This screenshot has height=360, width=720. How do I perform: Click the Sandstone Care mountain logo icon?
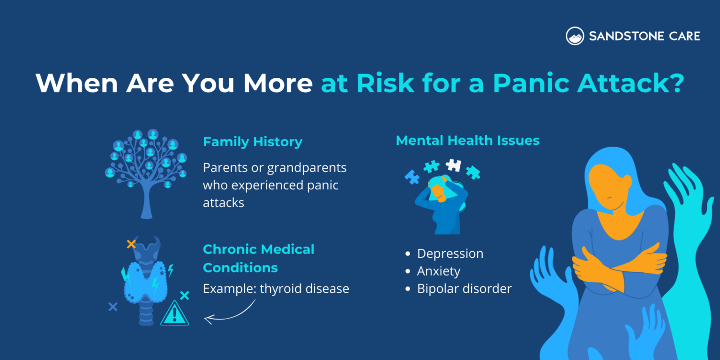pyautogui.click(x=575, y=36)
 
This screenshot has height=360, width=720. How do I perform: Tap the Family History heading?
pyautogui.click(x=252, y=142)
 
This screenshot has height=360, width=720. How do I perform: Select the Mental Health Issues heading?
pyautogui.click(x=467, y=140)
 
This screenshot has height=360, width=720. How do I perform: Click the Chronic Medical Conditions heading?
pyautogui.click(x=258, y=258)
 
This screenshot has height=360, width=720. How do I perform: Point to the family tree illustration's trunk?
pyautogui.click(x=146, y=204)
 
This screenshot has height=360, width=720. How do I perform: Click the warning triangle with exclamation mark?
pyautogui.click(x=174, y=314)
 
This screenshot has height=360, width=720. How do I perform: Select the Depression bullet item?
pyautogui.click(x=450, y=254)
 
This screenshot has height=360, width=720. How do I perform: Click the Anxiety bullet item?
pyautogui.click(x=438, y=271)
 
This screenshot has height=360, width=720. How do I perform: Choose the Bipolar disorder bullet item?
pyautogui.click(x=464, y=289)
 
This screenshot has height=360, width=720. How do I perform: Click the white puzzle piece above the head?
pyautogui.click(x=453, y=165)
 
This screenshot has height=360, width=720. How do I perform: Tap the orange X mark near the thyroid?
pyautogui.click(x=131, y=244)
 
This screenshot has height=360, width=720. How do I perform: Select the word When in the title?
pyautogui.click(x=76, y=83)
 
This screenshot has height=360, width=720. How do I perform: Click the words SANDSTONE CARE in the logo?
pyautogui.click(x=644, y=36)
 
